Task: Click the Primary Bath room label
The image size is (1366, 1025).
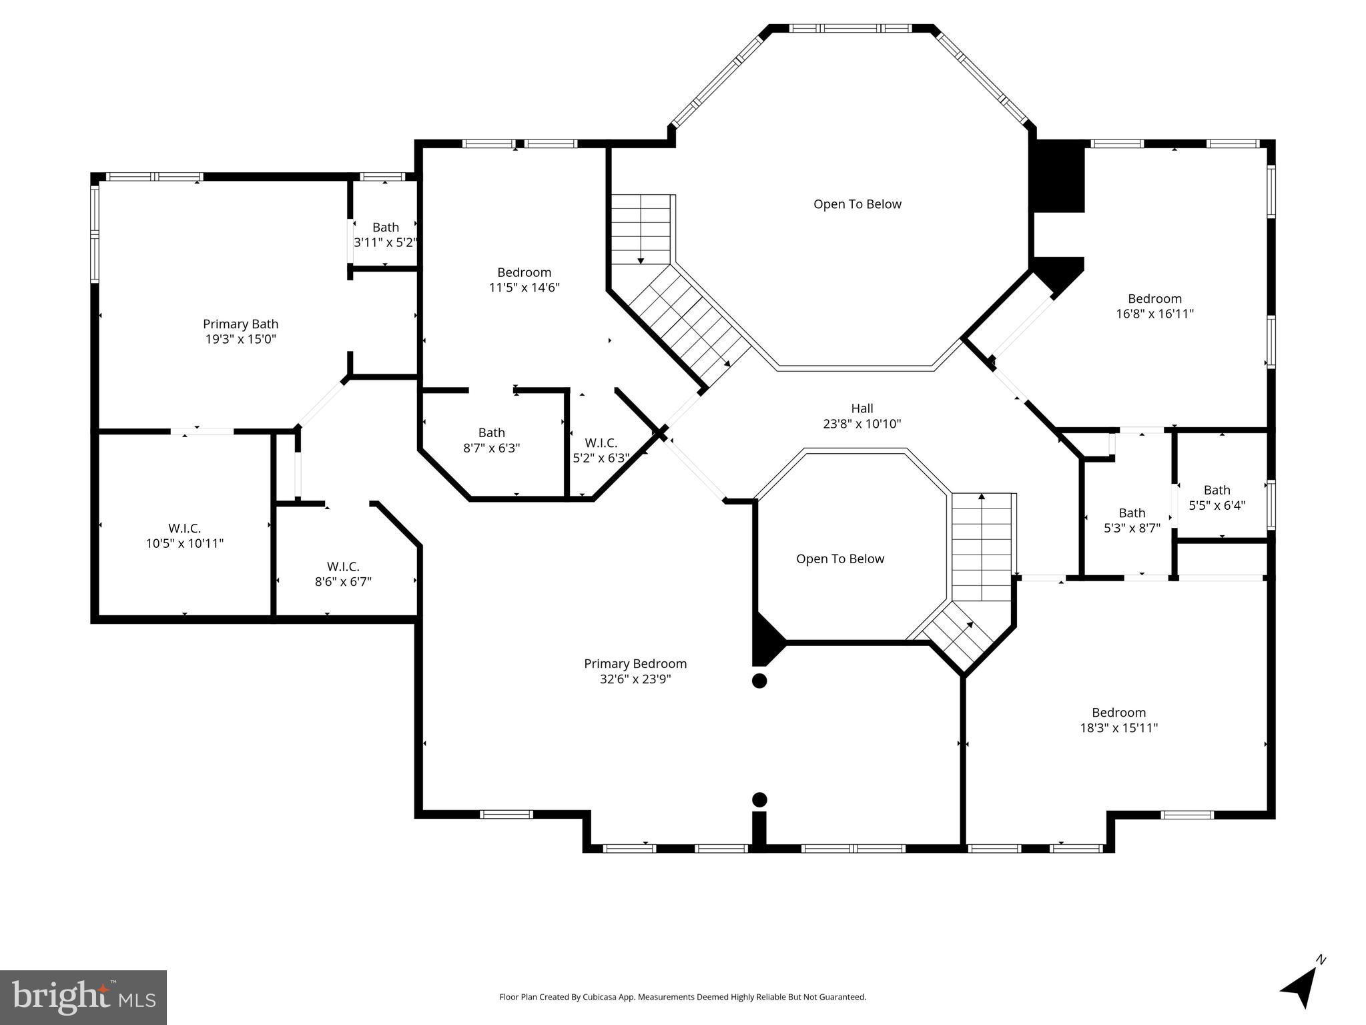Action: (x=240, y=331)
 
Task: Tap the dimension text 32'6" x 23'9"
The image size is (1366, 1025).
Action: (x=635, y=679)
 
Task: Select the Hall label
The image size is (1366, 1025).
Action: (x=862, y=408)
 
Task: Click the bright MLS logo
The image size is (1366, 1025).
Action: (x=83, y=997)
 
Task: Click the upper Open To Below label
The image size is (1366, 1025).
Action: (x=857, y=204)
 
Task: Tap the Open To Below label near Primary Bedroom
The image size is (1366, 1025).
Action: (x=839, y=559)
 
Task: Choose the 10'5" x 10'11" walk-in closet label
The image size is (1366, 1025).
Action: (x=184, y=536)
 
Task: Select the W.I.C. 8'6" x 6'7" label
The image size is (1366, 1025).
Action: (x=343, y=574)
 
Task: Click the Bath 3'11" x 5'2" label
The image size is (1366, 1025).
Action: (x=385, y=235)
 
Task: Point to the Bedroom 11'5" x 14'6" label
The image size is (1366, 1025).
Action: (x=524, y=280)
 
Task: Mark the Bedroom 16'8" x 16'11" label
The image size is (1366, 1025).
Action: (x=1154, y=306)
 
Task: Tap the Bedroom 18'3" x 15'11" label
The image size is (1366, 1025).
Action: (x=1118, y=720)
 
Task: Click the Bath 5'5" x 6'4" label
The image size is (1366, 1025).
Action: (x=1217, y=498)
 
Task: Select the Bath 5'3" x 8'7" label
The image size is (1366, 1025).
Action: (x=1132, y=520)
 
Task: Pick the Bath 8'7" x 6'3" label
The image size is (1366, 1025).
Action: (x=491, y=440)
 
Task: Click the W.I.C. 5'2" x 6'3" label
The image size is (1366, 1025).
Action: (x=601, y=450)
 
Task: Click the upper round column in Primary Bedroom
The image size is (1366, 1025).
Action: (x=759, y=681)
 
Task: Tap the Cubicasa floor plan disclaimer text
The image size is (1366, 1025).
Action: (x=682, y=997)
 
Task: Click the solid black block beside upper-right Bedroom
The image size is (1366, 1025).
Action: (x=1058, y=177)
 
